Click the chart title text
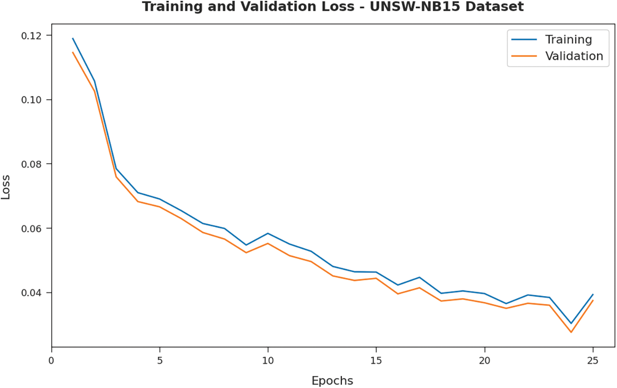(x=332, y=7)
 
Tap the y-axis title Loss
(x=6, y=187)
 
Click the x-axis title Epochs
(x=332, y=381)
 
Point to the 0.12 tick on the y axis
(x=31, y=36)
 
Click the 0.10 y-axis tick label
(x=31, y=100)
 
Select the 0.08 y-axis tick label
(x=31, y=164)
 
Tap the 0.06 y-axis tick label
(x=31, y=228)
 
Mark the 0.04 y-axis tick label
(x=31, y=293)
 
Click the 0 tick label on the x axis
(x=51, y=361)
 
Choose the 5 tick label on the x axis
(x=160, y=361)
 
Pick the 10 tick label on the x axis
(x=268, y=361)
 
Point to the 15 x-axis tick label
(x=376, y=361)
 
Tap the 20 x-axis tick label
(x=485, y=361)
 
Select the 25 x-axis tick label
(x=593, y=361)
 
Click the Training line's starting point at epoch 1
(x=73, y=39)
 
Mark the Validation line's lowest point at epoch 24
(x=571, y=332)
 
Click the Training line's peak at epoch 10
(x=268, y=233)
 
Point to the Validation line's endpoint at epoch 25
(x=593, y=301)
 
